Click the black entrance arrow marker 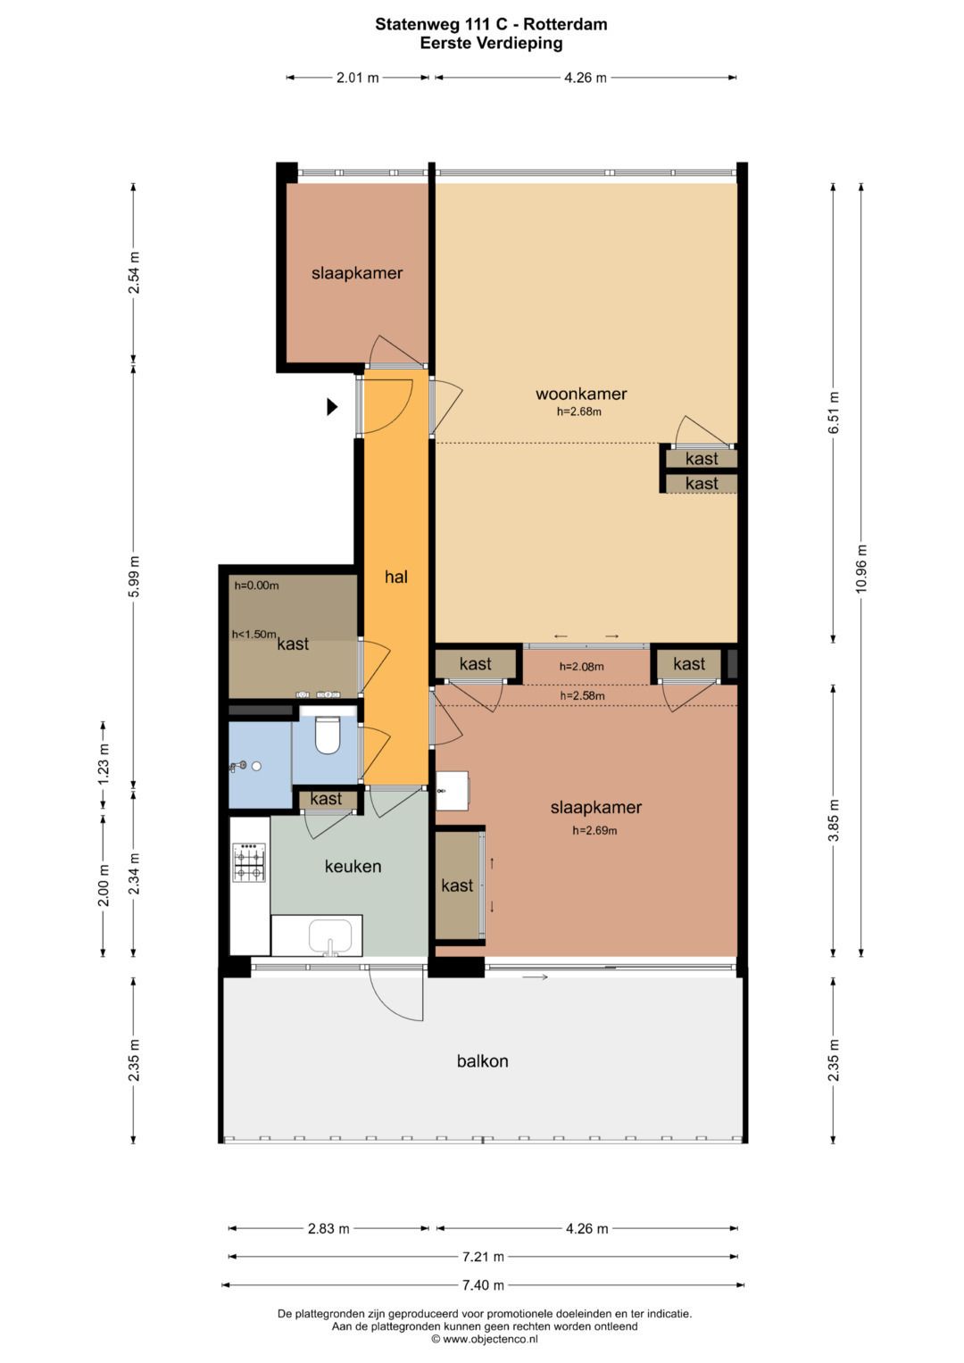point(332,406)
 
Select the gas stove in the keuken point(250,862)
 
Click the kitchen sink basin point(330,936)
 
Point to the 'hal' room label point(396,577)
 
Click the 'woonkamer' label point(581,394)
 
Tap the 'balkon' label point(483,1061)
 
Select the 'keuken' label point(353,866)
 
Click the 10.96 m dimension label point(861,569)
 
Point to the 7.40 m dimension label point(483,1285)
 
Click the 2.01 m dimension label point(358,78)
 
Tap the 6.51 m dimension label point(834,412)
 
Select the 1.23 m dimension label point(104,764)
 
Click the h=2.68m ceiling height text point(579,411)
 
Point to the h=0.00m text point(257,586)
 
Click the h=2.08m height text point(582,666)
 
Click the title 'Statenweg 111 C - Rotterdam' point(491,24)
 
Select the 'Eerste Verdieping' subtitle point(491,43)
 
